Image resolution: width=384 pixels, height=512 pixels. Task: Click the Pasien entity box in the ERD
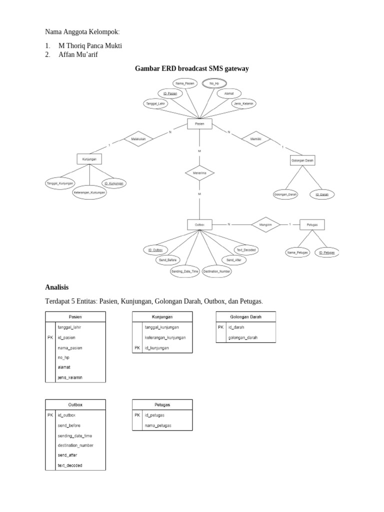pos(199,123)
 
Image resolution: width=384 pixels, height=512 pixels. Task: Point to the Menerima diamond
pos(199,173)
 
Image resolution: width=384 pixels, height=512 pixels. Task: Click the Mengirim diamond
pos(265,225)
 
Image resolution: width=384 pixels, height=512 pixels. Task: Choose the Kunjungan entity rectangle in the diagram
pos(89,159)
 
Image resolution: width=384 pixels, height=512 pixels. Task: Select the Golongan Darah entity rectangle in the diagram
pos(302,160)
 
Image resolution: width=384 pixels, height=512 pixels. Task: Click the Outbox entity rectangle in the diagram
pos(199,225)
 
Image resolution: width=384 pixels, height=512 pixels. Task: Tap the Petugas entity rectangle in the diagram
pos(312,225)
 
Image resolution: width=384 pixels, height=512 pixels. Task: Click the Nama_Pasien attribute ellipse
pos(184,83)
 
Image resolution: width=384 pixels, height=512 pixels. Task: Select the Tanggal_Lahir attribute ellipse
pos(155,103)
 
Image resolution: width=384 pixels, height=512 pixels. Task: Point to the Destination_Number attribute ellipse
pos(216,271)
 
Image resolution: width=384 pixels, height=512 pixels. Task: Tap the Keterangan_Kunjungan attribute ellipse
pos(90,192)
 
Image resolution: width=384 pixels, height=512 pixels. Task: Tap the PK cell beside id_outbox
pos(50,415)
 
